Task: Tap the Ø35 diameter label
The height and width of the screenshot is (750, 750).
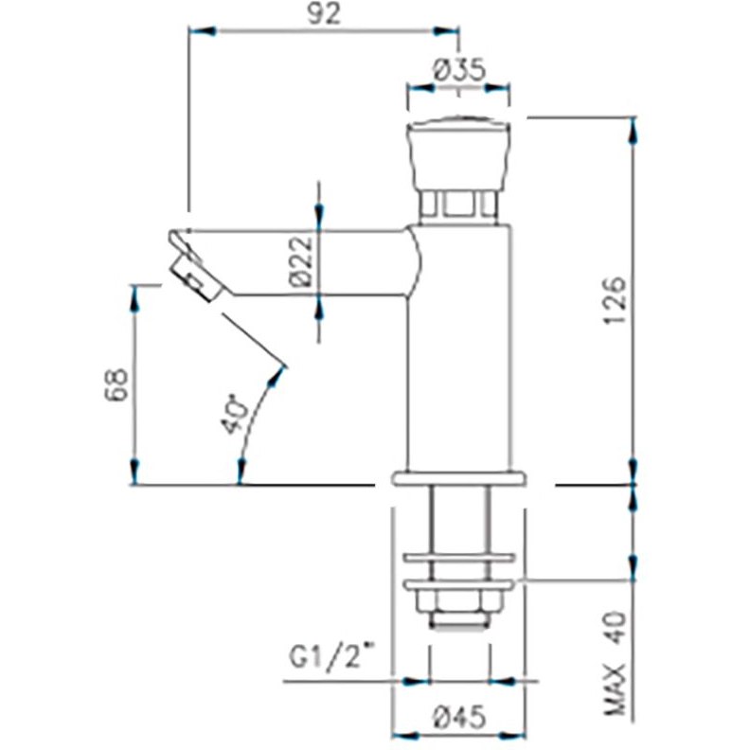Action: [x=458, y=69]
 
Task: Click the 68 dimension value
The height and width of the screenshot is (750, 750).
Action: [x=113, y=385]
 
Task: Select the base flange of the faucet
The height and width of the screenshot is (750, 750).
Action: [x=459, y=478]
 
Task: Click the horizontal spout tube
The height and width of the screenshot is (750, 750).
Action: [x=312, y=261]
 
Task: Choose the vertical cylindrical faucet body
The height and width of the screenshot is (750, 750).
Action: [x=461, y=360]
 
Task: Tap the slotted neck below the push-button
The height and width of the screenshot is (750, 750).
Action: [x=458, y=204]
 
